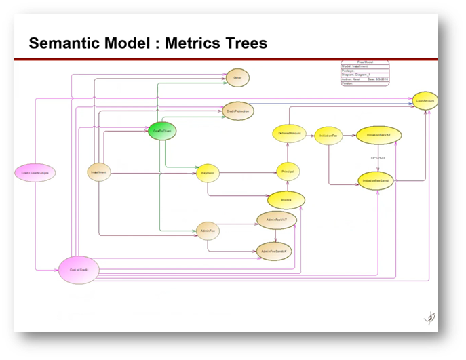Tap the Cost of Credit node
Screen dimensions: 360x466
(79, 269)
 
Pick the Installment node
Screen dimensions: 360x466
(100, 173)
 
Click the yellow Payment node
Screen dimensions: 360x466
(208, 174)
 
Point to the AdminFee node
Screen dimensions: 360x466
(208, 230)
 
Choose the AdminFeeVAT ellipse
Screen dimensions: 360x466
(275, 220)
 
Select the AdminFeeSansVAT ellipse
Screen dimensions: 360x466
(275, 251)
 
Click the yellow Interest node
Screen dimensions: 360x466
(286, 200)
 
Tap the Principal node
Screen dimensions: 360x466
(288, 172)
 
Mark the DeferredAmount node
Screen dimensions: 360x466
(290, 134)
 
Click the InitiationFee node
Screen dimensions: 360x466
(329, 136)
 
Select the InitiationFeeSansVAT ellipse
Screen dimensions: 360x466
(377, 181)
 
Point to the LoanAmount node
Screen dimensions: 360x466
(426, 100)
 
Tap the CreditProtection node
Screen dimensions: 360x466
(239, 111)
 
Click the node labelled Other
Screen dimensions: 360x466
(237, 78)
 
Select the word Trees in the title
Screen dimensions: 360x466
(242, 44)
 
